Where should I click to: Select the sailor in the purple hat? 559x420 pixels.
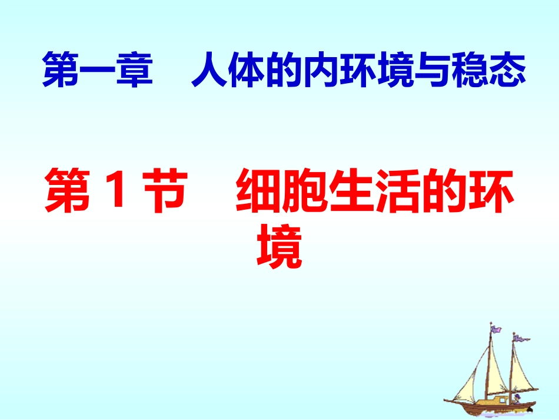point(518,398)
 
